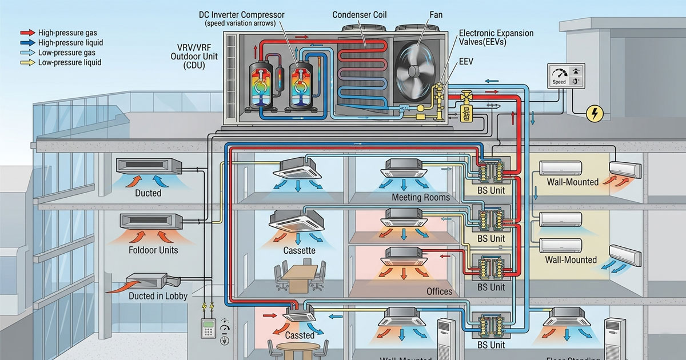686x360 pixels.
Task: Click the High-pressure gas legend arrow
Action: coord(27,33)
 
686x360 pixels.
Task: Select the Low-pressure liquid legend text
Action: coord(70,62)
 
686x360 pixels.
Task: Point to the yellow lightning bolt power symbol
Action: coord(595,114)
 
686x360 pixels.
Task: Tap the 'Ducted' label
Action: coord(148,193)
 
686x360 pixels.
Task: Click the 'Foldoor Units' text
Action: coord(153,250)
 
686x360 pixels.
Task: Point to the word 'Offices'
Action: coord(439,291)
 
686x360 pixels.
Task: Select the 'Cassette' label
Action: coord(299,250)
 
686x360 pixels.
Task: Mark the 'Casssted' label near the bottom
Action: coord(300,335)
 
